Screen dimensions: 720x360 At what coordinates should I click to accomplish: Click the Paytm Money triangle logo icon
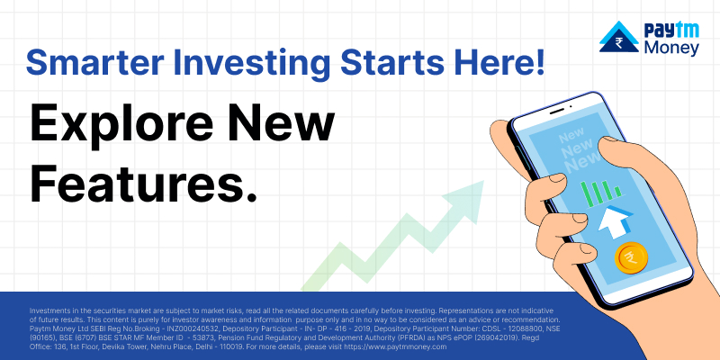click(619, 36)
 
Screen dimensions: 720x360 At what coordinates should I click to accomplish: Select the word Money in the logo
click(671, 48)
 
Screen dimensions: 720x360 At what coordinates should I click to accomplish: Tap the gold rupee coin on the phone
click(632, 258)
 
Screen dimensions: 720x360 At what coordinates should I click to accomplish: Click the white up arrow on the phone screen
click(615, 221)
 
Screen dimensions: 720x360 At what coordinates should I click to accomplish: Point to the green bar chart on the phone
click(601, 191)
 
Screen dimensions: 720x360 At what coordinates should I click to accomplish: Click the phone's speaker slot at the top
click(557, 111)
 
